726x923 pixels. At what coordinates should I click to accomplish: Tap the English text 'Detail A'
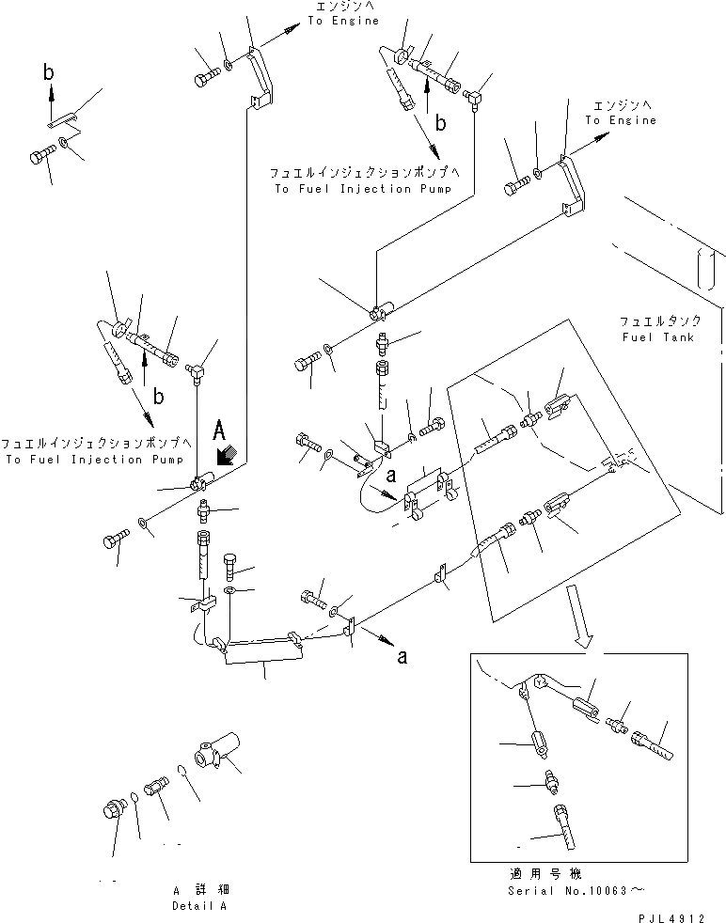click(x=199, y=906)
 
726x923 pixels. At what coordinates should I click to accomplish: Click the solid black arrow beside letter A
click(x=225, y=455)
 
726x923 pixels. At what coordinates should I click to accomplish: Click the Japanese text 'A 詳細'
click(x=199, y=889)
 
